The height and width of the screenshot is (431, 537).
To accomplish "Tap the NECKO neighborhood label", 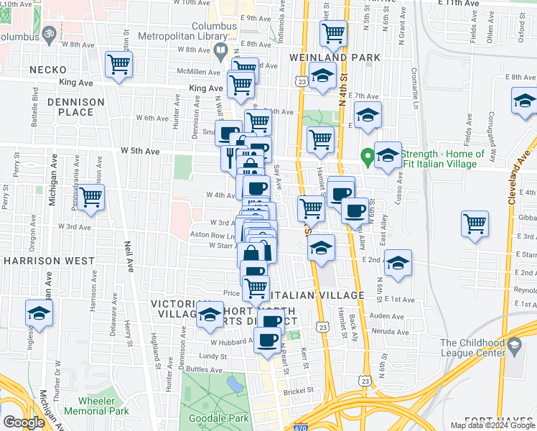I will click(x=48, y=70).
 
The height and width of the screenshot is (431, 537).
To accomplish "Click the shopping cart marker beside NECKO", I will click(x=118, y=64).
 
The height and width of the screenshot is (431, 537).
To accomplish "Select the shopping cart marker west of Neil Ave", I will click(x=91, y=197).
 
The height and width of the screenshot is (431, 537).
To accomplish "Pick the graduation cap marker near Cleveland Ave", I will click(x=525, y=101).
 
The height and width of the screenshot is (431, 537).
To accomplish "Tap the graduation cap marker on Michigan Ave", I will click(x=39, y=313).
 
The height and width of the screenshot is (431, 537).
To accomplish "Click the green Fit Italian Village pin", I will click(x=367, y=154).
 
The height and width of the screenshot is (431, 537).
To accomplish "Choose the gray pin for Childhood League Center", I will click(x=514, y=346).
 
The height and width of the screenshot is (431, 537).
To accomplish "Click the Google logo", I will click(x=24, y=422).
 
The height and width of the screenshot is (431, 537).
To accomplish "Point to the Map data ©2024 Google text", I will click(x=492, y=425).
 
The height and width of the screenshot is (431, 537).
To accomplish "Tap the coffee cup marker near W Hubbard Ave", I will click(x=268, y=340).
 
